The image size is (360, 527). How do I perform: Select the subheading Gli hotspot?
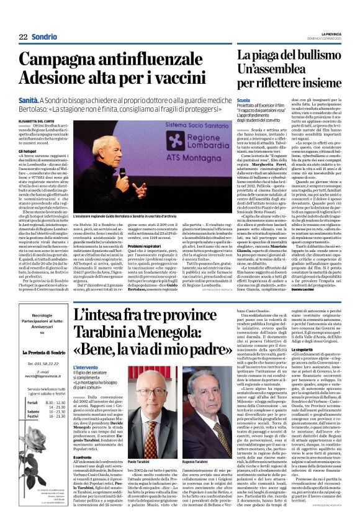pyautogui.click(x=27, y=151)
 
